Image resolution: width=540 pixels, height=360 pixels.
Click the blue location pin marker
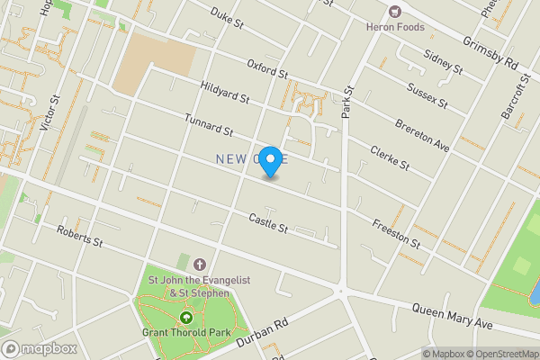pos(270,160)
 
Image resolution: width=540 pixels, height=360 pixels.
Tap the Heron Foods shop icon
pos(394,12)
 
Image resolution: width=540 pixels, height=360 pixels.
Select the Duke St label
pos(228,17)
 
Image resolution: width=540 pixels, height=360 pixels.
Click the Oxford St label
pos(267,67)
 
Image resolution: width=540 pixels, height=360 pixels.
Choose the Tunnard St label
pos(208,125)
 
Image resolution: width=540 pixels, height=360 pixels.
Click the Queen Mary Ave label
pos(453,316)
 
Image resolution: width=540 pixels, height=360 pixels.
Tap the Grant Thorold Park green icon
pos(186,317)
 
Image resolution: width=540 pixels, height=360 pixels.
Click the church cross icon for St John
pos(198,263)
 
